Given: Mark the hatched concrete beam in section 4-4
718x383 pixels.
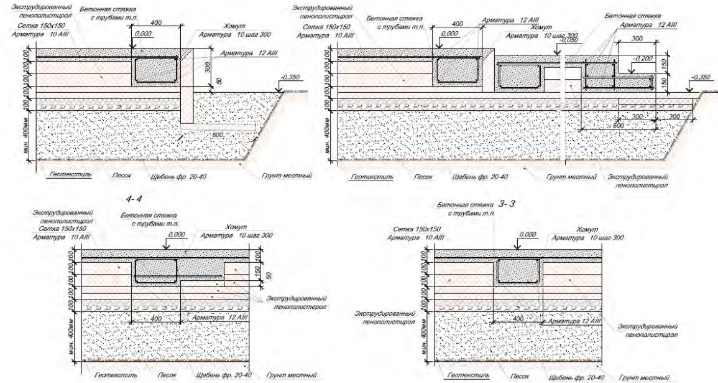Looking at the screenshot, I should [155, 270].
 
